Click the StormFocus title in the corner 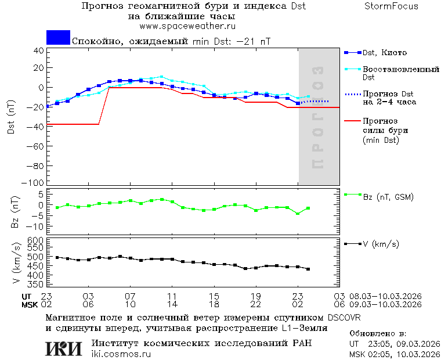tap(391, 6)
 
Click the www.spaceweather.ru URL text tap(188, 26)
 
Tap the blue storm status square tap(58, 38)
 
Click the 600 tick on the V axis tap(37, 240)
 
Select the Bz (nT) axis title tap(16, 213)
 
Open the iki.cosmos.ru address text tap(121, 354)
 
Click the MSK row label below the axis tap(30, 304)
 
